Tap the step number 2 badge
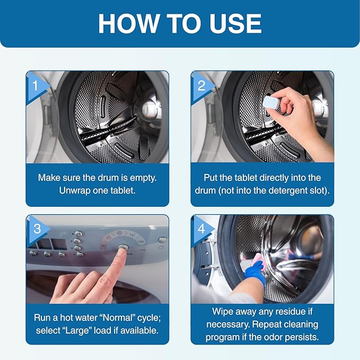tap(201, 85)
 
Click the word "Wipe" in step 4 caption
tap(224, 312)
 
